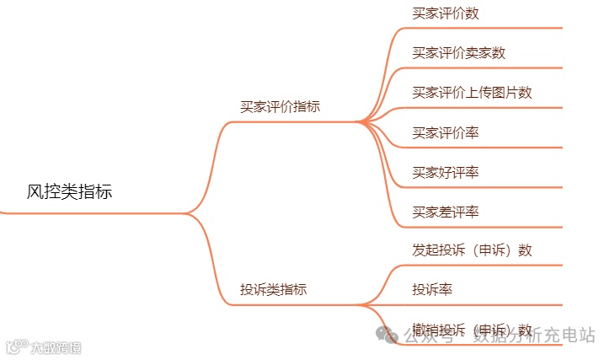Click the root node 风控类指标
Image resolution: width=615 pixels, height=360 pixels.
click(x=69, y=192)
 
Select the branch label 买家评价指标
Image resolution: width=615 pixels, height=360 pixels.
click(x=280, y=107)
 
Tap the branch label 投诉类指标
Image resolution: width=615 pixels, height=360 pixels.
click(x=273, y=290)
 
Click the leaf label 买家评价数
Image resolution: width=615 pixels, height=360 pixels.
click(x=446, y=13)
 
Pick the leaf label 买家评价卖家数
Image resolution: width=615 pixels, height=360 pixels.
click(x=458, y=53)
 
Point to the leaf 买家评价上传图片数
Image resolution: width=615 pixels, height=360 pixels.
click(x=472, y=93)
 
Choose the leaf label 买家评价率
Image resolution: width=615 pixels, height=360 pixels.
click(x=446, y=132)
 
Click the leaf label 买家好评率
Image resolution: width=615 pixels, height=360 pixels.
click(x=446, y=172)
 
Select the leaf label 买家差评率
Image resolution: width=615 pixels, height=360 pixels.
click(x=446, y=212)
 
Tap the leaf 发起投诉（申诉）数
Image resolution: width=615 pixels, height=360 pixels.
click(x=472, y=250)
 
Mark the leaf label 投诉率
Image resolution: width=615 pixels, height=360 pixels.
click(x=432, y=290)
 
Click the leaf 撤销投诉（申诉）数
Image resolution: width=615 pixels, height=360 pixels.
click(x=472, y=330)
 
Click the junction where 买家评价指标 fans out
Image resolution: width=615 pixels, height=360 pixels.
click(x=361, y=121)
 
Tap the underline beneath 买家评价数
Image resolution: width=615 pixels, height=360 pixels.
click(x=480, y=28)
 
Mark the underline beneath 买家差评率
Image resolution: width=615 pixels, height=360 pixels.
click(x=480, y=226)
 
